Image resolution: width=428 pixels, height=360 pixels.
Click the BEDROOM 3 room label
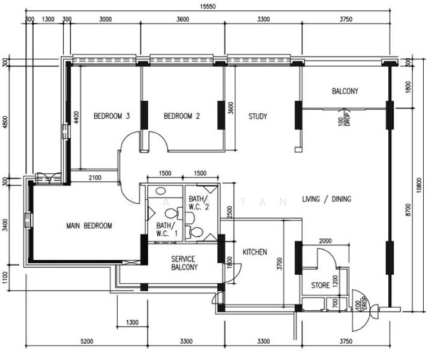coord(112,116)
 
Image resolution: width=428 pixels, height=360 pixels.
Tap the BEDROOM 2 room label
coord(181,116)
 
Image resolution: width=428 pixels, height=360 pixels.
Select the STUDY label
coord(258,116)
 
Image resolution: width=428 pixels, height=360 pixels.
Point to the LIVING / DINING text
coord(324,199)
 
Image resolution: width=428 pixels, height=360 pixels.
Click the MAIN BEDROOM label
coord(89,226)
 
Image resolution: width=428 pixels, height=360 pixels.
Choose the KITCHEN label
coord(255,252)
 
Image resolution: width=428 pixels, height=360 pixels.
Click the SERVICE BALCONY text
coord(184,263)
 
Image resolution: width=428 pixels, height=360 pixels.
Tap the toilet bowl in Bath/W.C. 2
coord(195,232)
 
